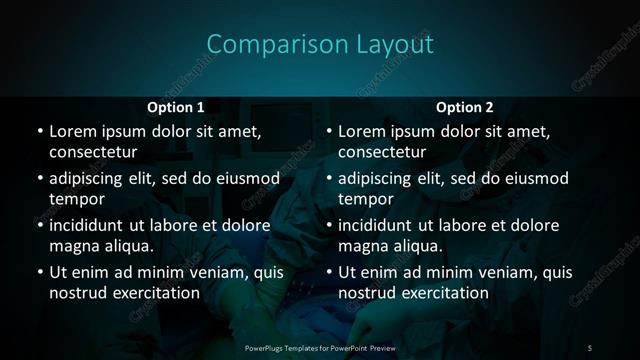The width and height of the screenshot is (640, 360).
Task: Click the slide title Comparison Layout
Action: (x=320, y=44)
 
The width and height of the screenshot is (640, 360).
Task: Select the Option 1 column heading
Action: (x=176, y=107)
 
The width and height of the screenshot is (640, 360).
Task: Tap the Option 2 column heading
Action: (x=465, y=107)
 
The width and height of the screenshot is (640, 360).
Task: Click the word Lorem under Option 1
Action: (x=72, y=131)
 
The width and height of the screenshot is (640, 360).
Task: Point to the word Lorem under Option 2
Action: (x=362, y=131)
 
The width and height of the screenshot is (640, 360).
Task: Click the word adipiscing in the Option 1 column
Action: (x=91, y=179)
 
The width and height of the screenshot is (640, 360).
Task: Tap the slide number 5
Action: (x=590, y=347)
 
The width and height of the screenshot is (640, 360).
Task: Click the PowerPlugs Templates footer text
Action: (x=320, y=347)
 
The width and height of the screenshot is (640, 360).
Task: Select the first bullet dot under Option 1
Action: (x=39, y=132)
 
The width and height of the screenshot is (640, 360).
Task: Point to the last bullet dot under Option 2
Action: (x=329, y=273)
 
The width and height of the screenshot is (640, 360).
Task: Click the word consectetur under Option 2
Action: (x=382, y=152)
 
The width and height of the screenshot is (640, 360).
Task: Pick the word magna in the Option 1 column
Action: (x=71, y=246)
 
